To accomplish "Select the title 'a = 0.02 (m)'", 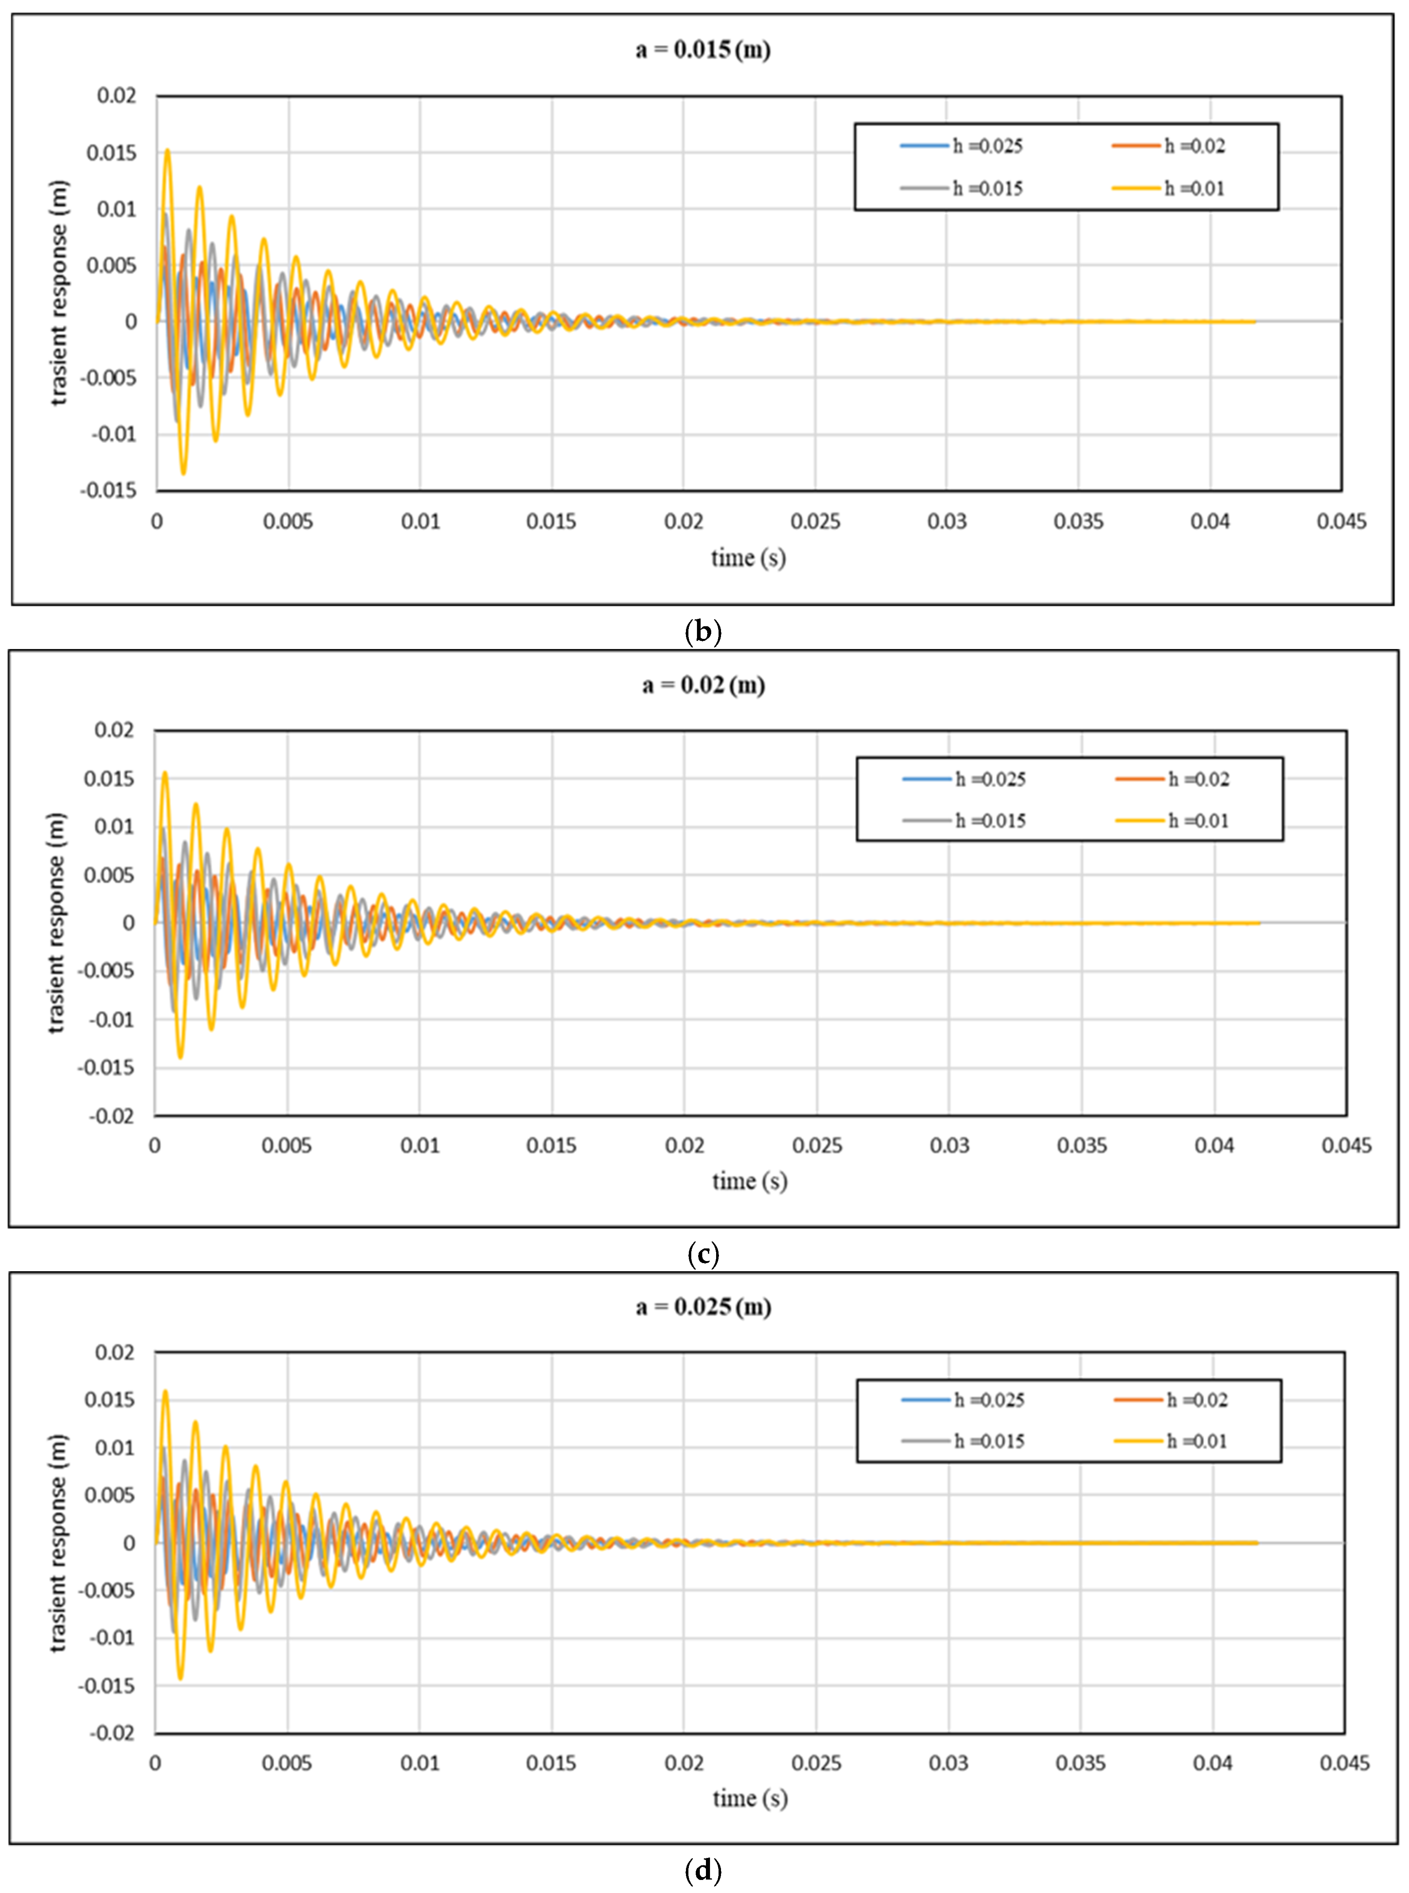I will click(x=703, y=685).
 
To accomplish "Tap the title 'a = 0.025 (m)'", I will click(x=703, y=1307).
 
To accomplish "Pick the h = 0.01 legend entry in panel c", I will click(x=1173, y=821).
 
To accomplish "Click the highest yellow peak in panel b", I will click(x=167, y=150).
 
